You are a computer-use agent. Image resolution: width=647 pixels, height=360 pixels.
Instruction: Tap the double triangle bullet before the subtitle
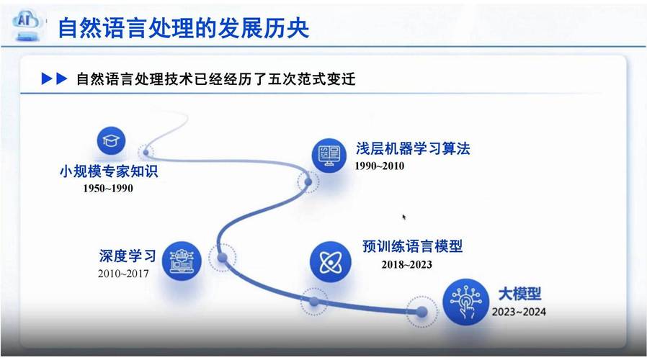pos(55,79)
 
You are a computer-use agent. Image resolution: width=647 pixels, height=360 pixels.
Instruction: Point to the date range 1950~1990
pos(107,189)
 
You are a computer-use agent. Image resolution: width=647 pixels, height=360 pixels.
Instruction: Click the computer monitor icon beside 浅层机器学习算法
pos(328,153)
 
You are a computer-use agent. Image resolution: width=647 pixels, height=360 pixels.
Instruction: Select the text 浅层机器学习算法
pos(412,149)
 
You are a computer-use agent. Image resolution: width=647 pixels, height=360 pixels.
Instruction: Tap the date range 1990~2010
pos(379,166)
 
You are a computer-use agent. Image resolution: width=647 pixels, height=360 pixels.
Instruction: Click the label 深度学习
pos(128,256)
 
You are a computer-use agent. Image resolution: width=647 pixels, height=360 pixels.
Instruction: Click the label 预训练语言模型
pos(412,247)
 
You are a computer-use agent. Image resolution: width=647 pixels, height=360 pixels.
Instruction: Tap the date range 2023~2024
pos(519,312)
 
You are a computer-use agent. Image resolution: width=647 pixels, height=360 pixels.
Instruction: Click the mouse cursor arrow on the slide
pos(404,217)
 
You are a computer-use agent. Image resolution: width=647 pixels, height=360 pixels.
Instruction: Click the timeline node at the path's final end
pos(421,312)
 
